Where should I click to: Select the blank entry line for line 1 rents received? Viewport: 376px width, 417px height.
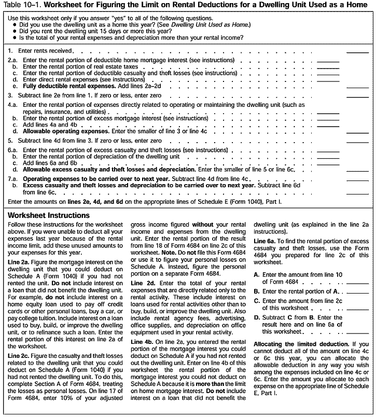357,52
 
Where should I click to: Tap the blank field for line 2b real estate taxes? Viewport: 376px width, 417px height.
328,68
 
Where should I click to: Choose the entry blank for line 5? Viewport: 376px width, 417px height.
357,142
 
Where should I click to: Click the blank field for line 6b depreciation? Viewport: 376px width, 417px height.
328,158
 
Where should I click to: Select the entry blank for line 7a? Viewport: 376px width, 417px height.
357,179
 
